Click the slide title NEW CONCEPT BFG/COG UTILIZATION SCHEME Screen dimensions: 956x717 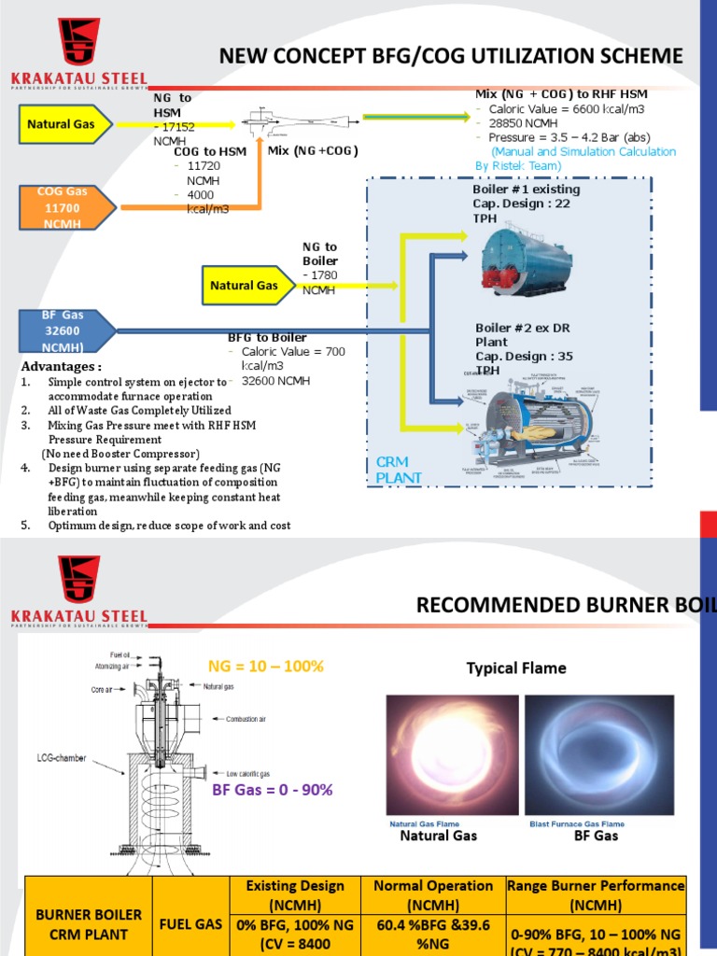pos(451,57)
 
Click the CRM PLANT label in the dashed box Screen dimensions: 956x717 pos(399,470)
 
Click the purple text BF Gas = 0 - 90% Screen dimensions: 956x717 pos(272,790)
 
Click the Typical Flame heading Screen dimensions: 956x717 pos(516,668)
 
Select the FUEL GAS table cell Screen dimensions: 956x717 pos(190,923)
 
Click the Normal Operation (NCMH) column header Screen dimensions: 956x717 pos(433,894)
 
